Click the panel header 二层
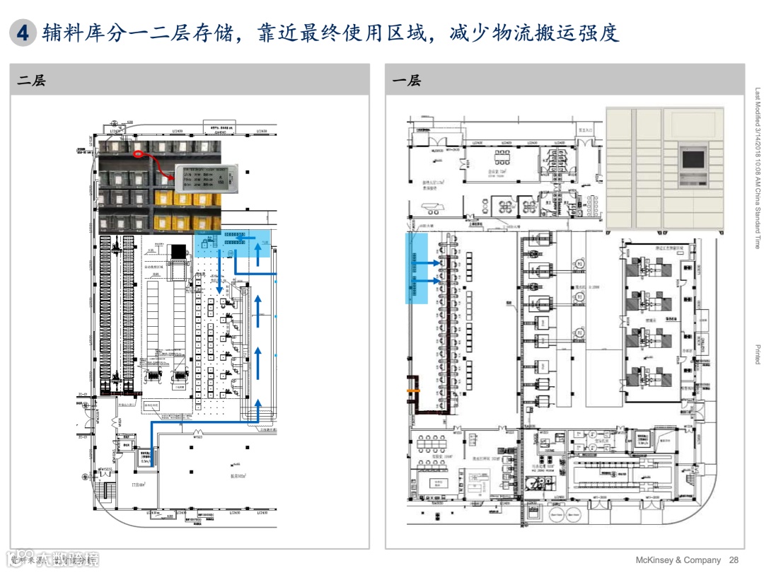point(32,81)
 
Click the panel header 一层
point(406,81)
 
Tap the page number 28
point(734,560)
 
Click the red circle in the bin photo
point(139,154)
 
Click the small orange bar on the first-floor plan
point(412,389)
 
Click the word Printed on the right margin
point(757,354)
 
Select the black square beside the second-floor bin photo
point(178,252)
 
